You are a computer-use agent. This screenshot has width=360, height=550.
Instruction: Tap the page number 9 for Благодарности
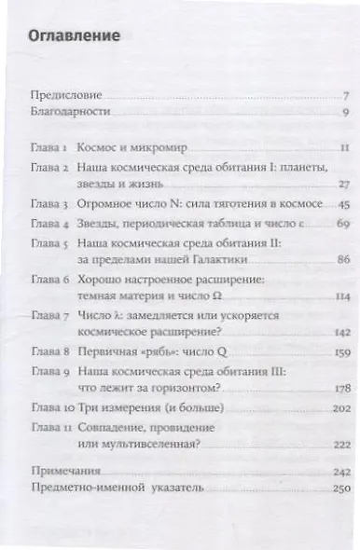pyautogui.click(x=344, y=113)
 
